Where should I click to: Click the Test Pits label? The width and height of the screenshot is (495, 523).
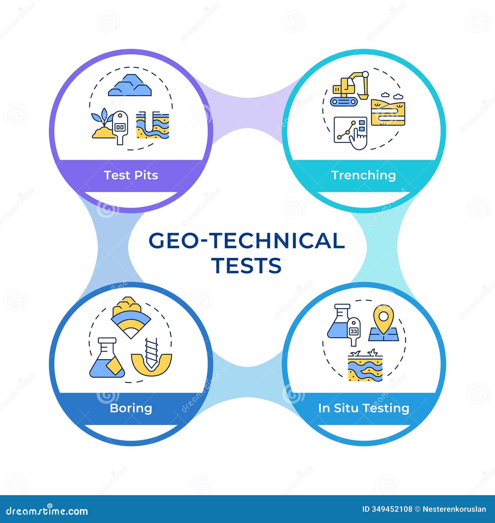click(x=131, y=175)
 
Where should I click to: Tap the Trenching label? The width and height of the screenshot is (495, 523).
click(x=364, y=175)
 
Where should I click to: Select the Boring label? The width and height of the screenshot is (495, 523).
click(x=131, y=408)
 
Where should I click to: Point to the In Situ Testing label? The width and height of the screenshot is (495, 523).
click(x=364, y=408)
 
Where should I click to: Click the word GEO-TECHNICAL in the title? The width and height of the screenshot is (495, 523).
click(x=247, y=241)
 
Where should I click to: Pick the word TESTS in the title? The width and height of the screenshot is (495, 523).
click(x=247, y=265)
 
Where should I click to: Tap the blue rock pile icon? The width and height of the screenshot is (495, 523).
click(x=130, y=85)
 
